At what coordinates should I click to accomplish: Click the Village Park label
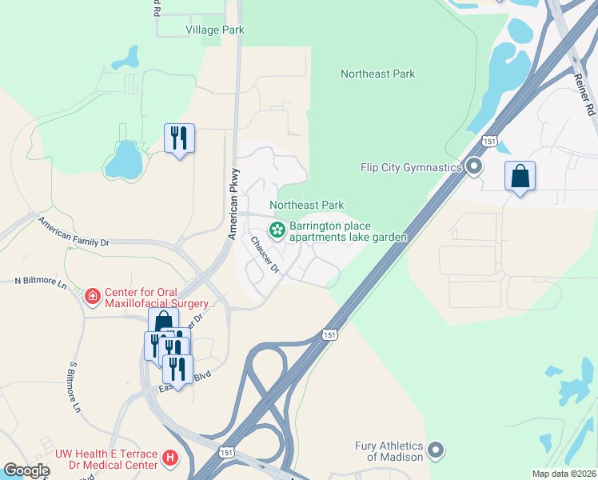coord(214,30)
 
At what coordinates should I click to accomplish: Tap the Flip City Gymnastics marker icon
coord(474,167)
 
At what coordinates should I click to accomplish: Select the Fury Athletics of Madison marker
coord(436,450)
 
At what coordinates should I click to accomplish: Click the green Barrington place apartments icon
coord(277,230)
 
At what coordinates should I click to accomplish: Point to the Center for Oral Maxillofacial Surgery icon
coord(93,297)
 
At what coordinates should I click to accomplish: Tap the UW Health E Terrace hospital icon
coord(169,458)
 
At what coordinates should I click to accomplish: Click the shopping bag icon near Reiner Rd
coord(520,175)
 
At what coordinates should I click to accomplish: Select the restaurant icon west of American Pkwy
coord(179,138)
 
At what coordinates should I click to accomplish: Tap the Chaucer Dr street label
coord(264,255)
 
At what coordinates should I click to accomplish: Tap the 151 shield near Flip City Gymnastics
coord(489,142)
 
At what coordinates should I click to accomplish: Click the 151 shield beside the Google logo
coord(227,453)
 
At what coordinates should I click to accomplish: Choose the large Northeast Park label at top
coord(377,74)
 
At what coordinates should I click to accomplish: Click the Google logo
coord(27,470)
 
